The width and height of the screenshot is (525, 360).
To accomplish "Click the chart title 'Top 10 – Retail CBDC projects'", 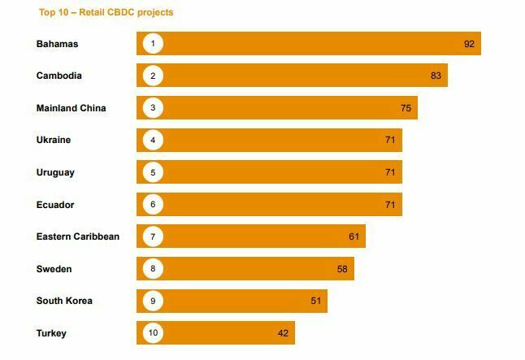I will [106, 13].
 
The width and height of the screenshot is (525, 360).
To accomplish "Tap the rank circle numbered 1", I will [152, 44].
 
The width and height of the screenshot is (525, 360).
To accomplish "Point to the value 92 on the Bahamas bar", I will [469, 44].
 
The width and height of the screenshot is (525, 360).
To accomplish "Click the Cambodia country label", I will [59, 76].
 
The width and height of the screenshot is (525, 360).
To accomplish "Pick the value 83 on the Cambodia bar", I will [436, 76].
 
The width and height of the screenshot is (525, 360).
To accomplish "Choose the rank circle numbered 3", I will [152, 108].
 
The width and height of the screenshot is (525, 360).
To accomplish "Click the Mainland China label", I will [72, 108].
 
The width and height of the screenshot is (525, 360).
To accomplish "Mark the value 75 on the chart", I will [406, 108].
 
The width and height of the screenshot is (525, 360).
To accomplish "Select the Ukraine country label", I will [54, 140].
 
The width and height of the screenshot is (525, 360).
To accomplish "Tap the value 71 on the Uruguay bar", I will [390, 172].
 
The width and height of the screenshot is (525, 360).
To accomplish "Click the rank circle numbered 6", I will [152, 205].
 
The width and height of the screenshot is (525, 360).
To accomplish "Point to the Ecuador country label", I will [55, 205].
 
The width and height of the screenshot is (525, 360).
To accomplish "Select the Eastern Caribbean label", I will [78, 236].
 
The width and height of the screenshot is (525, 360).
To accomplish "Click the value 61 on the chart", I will [354, 236].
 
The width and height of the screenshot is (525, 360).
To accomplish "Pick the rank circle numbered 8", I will [152, 269].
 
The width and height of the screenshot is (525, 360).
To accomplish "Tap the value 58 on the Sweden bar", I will [342, 269].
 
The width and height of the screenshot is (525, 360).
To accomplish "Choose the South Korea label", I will [64, 301].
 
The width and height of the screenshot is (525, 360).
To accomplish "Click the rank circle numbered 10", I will [152, 333].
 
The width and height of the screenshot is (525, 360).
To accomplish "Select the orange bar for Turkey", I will [228, 333].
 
